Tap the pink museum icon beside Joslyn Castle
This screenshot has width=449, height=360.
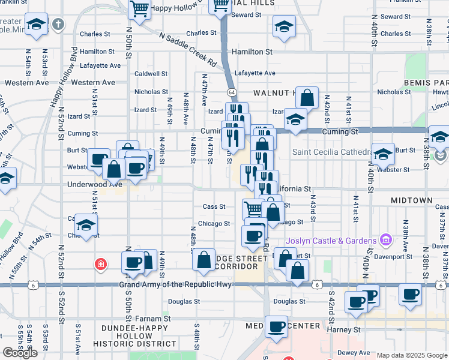tap(386, 241)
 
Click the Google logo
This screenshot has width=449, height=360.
tap(20, 353)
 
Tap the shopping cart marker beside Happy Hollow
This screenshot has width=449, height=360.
tap(139, 10)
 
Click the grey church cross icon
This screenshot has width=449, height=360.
tap(58, 25)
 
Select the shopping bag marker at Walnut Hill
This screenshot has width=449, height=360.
tap(307, 98)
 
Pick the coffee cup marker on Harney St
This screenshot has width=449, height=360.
tap(277, 326)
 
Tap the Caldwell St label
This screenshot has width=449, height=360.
tap(151, 74)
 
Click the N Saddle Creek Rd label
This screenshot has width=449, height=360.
tap(188, 49)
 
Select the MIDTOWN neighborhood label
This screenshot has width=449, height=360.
tap(411, 199)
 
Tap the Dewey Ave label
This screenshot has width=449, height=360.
tap(354, 353)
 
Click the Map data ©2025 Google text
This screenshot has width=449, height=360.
tap(411, 355)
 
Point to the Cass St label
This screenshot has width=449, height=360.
tap(214, 206)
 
